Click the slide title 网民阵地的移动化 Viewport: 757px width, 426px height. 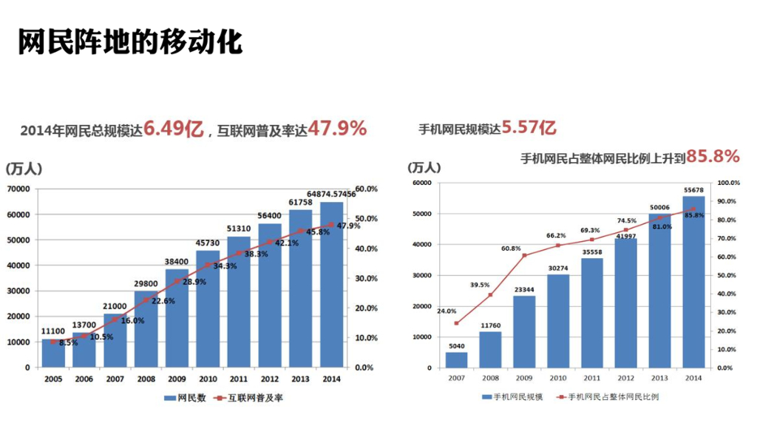click(130, 42)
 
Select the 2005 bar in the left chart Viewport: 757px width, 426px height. click(52, 354)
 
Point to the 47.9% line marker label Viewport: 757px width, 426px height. click(348, 226)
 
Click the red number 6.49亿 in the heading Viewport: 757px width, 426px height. click(173, 129)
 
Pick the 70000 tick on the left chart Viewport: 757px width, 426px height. click(18, 189)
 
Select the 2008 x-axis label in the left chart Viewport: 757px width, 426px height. click(146, 378)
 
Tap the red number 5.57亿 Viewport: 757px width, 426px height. click(529, 128)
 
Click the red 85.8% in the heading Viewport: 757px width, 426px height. click(713, 156)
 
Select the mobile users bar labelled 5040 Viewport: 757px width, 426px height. click(456, 359)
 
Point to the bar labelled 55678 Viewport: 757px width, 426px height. click(693, 281)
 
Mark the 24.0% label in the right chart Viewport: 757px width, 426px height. click(447, 311)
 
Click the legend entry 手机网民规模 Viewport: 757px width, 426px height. click(515, 397)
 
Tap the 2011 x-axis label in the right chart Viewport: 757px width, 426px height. click(591, 378)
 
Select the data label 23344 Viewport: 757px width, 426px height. click(524, 290)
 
